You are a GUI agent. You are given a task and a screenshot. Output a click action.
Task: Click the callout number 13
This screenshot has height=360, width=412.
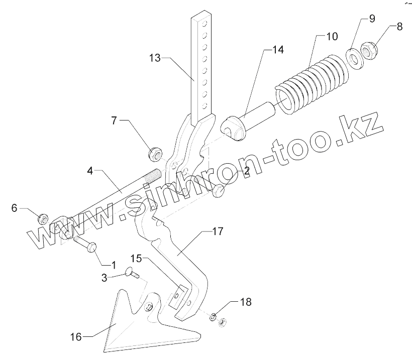click(155, 58)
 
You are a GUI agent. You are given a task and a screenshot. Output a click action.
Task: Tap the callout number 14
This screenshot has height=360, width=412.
click(278, 50)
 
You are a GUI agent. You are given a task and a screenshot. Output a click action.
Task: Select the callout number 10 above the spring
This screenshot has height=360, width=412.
click(332, 37)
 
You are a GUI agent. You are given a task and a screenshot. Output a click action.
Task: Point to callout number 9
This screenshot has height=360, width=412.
click(372, 20)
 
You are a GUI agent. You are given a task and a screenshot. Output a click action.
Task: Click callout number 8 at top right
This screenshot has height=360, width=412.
click(399, 27)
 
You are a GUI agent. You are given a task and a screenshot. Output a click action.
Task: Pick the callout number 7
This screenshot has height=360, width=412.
click(114, 121)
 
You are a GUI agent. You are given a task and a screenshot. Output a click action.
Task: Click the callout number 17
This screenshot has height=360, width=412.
click(217, 231)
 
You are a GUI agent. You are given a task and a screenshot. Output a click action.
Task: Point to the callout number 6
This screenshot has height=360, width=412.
click(14, 207)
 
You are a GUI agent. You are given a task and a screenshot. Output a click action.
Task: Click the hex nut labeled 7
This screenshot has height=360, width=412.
click(154, 154)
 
